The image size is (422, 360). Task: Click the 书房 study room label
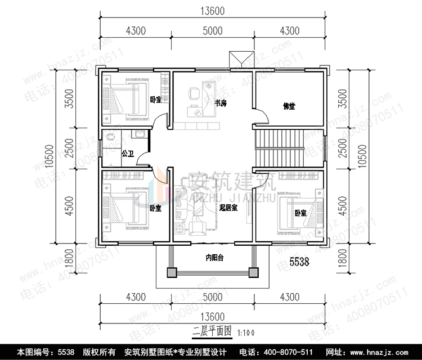221,103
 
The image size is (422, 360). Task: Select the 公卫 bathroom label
127,152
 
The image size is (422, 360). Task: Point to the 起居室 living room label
228,208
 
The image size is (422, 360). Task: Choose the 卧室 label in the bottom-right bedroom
300,213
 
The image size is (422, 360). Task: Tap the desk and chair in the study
197,101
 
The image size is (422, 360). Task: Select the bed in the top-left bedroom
125,99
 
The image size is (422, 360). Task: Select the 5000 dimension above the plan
212,30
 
